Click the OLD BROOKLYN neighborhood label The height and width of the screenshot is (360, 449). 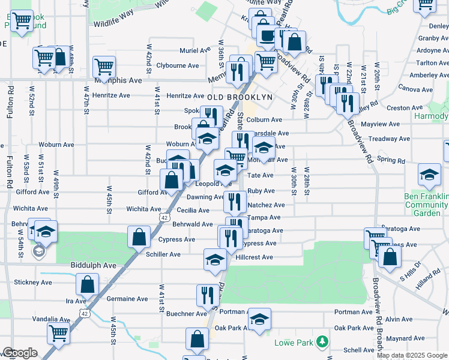click(240, 97)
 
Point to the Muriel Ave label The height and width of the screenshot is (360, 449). click(192, 51)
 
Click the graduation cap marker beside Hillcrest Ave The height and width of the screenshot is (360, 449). click(214, 259)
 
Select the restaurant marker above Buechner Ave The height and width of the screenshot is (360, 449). click(205, 294)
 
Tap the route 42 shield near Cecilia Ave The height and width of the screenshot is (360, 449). click(164, 218)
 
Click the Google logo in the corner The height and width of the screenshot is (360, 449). click(19, 353)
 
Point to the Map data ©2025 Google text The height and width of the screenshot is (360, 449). click(412, 356)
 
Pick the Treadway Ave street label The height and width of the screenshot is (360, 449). click(385, 139)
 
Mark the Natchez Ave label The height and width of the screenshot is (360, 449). click(265, 205)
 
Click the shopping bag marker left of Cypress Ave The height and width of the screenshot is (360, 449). click(139, 236)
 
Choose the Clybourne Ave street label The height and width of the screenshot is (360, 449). click(177, 65)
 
